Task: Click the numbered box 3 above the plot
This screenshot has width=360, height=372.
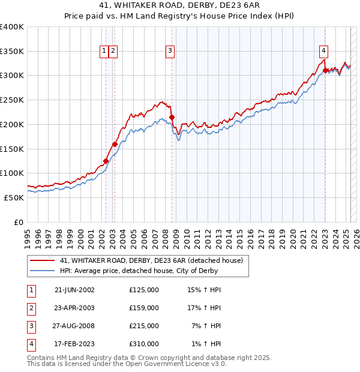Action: coord(170,52)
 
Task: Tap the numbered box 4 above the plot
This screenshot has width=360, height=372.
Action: coord(323,52)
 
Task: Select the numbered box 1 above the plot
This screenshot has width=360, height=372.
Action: coord(104,52)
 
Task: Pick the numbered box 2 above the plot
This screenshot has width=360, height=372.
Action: coord(113,52)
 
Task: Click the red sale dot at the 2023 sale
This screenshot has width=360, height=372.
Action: coord(325,70)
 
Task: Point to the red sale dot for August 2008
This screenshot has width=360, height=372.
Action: coord(172,117)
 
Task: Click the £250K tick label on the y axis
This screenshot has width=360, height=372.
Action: coord(12,100)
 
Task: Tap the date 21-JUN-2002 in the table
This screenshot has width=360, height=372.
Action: coord(74,290)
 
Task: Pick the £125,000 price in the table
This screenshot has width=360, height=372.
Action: coord(144,290)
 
